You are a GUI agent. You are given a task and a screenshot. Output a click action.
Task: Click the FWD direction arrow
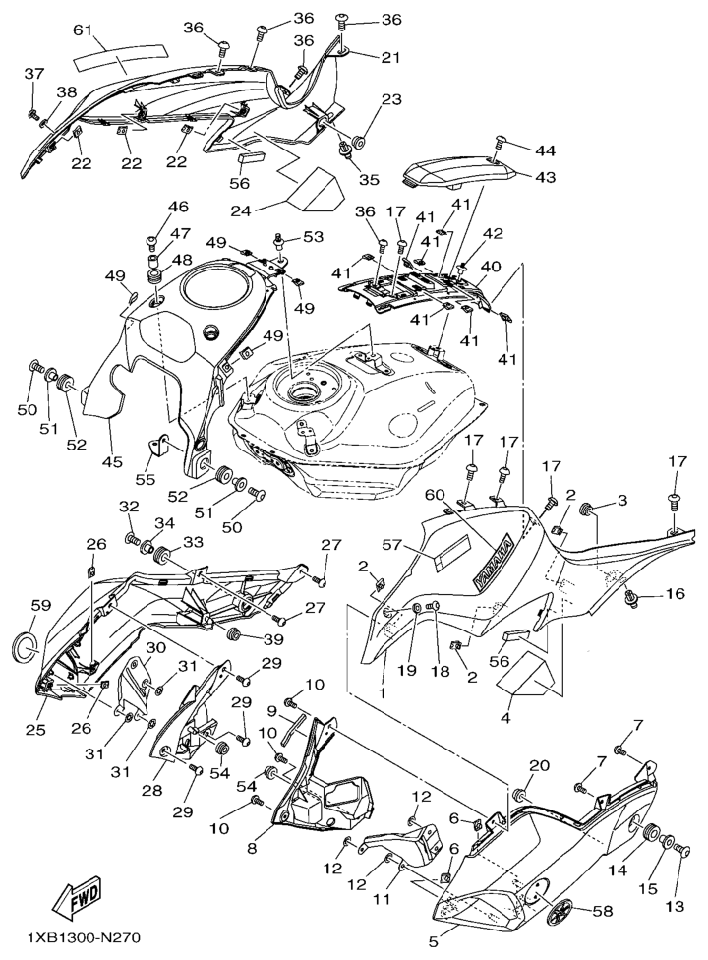(77, 899)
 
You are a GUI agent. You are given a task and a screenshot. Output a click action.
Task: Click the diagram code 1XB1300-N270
(84, 937)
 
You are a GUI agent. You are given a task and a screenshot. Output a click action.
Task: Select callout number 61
(83, 30)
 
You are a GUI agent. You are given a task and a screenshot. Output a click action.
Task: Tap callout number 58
(603, 912)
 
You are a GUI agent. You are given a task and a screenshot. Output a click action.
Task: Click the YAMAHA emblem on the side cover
(494, 562)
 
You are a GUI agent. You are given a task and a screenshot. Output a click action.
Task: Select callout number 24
(241, 211)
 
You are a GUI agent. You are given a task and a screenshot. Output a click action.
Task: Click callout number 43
(545, 177)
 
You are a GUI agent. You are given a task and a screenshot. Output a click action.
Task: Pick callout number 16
(675, 593)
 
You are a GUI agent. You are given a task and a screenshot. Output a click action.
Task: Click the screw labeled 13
(682, 851)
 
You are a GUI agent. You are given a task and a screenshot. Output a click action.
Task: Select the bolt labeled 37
(34, 114)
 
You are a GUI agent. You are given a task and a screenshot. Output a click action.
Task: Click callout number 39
(273, 639)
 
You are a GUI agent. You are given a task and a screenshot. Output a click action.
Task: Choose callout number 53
(313, 236)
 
